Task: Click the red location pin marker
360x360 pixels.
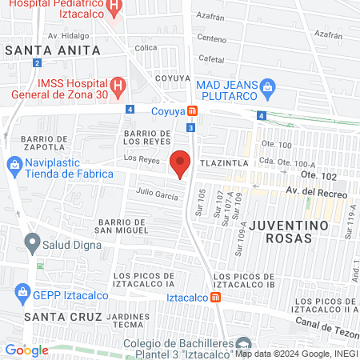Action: [x=181, y=162]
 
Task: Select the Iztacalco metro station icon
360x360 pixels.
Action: [x=215, y=298]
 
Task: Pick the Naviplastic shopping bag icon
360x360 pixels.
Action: [x=14, y=165]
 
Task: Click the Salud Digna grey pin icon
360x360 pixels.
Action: [x=32, y=240]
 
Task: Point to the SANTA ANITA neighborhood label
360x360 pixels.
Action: [x=53, y=50]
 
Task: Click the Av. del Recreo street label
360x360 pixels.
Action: [x=317, y=192]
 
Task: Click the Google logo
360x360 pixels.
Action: [x=26, y=350]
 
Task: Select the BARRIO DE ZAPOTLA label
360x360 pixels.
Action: [x=39, y=142]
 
